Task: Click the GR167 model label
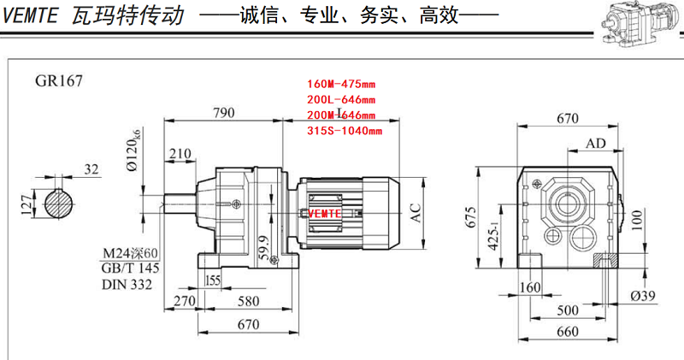pyautogui.click(x=59, y=82)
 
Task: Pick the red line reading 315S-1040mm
pyautogui.click(x=345, y=131)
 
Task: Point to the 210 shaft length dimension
pyautogui.click(x=180, y=154)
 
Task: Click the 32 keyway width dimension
pyautogui.click(x=91, y=169)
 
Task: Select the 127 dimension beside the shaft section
pyautogui.click(x=27, y=203)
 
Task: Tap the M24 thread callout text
pyautogui.click(x=130, y=253)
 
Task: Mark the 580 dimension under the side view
pyautogui.click(x=249, y=301)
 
